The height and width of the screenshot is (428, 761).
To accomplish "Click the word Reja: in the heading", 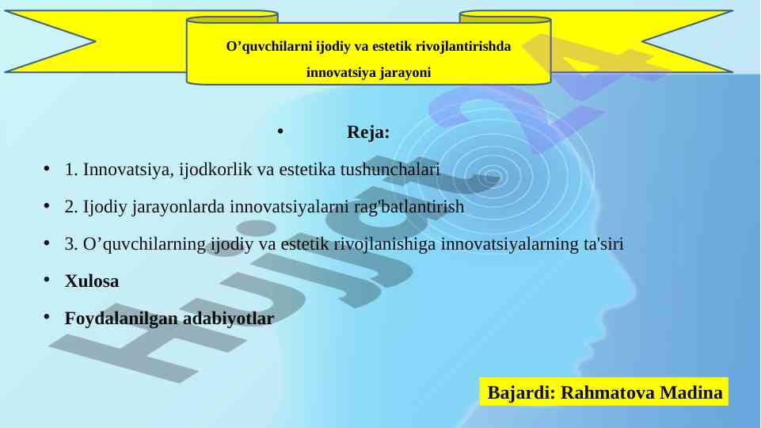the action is (x=368, y=132).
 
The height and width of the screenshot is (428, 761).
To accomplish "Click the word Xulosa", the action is (x=92, y=281).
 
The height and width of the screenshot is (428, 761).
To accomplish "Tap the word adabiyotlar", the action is (x=229, y=319).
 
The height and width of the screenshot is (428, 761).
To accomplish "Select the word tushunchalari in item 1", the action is (x=390, y=170).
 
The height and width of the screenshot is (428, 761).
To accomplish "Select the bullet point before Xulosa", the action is (x=47, y=280).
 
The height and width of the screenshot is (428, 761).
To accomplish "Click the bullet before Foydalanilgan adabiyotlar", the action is (x=47, y=317).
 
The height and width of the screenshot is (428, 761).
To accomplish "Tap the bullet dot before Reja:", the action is (x=280, y=131).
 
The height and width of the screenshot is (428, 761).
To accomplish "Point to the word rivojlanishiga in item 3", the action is (x=385, y=244).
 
